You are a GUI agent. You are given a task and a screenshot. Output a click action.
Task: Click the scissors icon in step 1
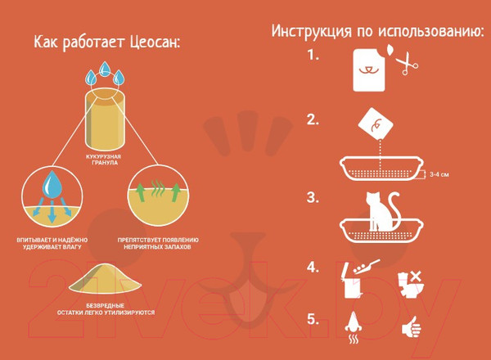point(407,63)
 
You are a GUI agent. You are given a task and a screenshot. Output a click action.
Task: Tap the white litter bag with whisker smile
point(369,70)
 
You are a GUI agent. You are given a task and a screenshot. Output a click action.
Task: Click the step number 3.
point(313,198)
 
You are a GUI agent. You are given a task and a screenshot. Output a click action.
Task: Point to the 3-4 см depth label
point(439,174)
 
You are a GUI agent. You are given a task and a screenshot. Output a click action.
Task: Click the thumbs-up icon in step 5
point(412,327)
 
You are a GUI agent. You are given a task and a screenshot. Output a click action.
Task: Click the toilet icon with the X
point(411,285)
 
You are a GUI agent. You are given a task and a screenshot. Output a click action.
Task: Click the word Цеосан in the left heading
point(155,43)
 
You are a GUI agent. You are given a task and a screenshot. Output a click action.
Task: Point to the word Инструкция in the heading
point(311,31)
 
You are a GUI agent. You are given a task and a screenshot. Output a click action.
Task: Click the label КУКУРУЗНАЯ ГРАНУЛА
point(103,160)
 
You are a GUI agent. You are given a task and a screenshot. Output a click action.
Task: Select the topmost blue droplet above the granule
point(105,69)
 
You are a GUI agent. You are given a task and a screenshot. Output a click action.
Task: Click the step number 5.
point(313,319)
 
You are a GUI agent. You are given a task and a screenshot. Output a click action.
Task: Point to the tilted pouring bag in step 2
point(376,124)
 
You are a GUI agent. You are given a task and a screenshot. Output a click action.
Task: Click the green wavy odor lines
point(158,188)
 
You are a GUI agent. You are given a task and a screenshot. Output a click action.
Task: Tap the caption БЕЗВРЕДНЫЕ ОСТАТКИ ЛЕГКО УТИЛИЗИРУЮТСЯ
point(106,309)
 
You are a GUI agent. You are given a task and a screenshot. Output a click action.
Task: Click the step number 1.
point(313,55)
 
